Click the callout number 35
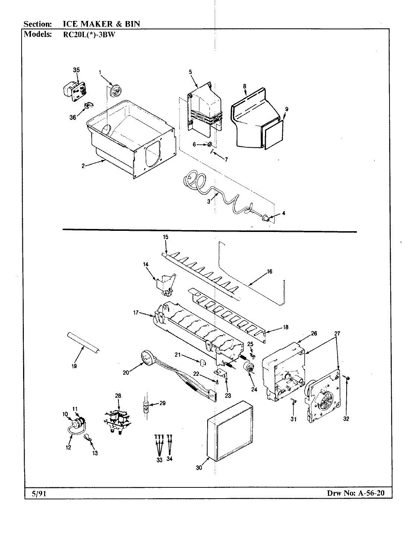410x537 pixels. point(76,70)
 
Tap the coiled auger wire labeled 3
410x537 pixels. point(216,194)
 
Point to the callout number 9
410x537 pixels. point(286,109)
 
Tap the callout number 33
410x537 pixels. point(160,460)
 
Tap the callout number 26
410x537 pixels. point(314,333)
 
